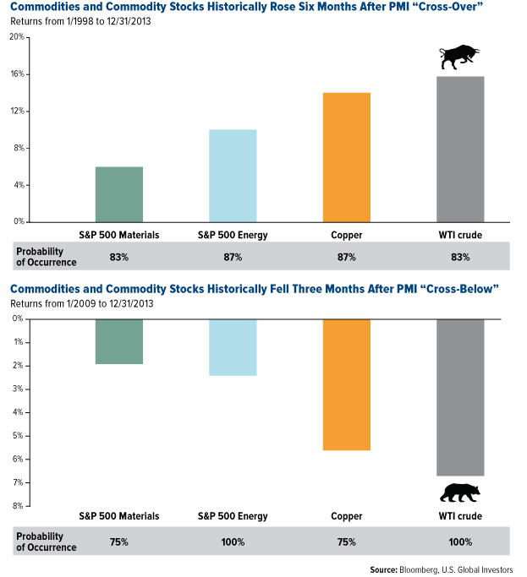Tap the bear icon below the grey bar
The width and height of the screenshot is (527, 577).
pyautogui.click(x=459, y=493)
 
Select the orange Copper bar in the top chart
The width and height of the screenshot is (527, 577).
pyautogui.click(x=347, y=157)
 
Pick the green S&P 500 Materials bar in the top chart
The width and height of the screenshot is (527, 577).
pyautogui.click(x=119, y=194)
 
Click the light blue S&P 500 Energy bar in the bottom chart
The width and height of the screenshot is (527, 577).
pyautogui.click(x=233, y=346)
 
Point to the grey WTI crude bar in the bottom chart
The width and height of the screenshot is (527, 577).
pyautogui.click(x=460, y=397)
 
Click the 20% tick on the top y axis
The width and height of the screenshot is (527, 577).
pyautogui.click(x=16, y=38)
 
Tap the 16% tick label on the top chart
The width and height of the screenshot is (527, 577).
pyautogui.click(x=16, y=74)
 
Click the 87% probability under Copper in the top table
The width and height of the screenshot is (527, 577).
pyautogui.click(x=347, y=255)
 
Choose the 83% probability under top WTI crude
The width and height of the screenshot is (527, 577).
pyautogui.click(x=460, y=255)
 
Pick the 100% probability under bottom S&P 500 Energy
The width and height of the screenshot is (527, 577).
pyautogui.click(x=233, y=542)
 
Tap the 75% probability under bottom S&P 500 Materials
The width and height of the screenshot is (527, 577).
pyautogui.click(x=119, y=542)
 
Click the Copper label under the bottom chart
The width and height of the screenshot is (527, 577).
pyautogui.click(x=347, y=514)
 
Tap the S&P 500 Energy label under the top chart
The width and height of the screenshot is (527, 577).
pyautogui.click(x=233, y=234)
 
